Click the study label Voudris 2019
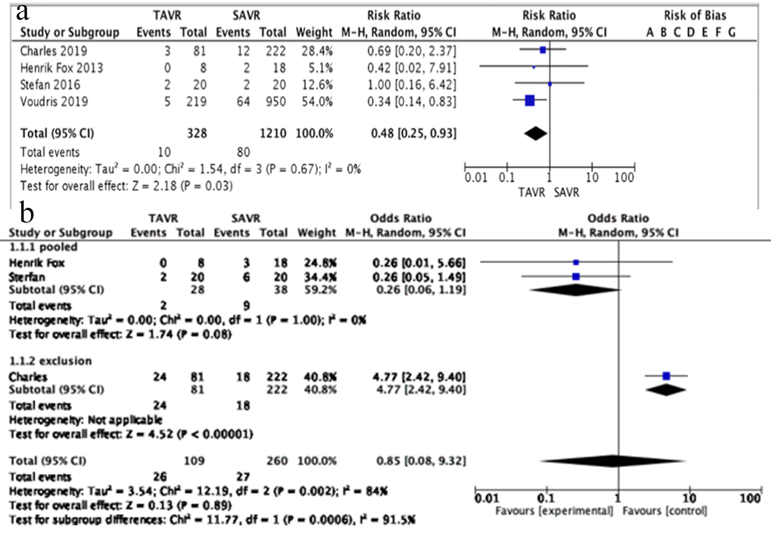[54, 102]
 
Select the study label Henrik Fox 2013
[61, 68]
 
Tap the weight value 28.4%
[317, 51]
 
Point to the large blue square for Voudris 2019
[529, 100]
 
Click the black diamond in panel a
[535, 133]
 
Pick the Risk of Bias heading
[695, 15]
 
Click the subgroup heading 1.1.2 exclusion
[50, 361]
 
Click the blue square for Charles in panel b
[667, 376]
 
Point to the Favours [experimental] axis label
[554, 511]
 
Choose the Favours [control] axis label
[664, 511]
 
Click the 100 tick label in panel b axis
[750, 498]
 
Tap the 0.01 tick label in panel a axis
[476, 178]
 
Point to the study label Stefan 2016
[50, 85]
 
